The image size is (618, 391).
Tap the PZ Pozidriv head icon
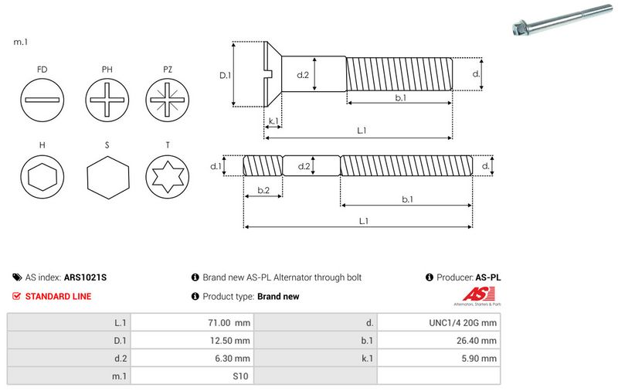pyautogui.click(x=168, y=101)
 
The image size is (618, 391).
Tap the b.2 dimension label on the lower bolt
pyautogui.click(x=263, y=190)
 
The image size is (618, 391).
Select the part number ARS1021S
pyautogui.click(x=85, y=277)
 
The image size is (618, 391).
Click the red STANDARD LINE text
pyautogui.click(x=58, y=296)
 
